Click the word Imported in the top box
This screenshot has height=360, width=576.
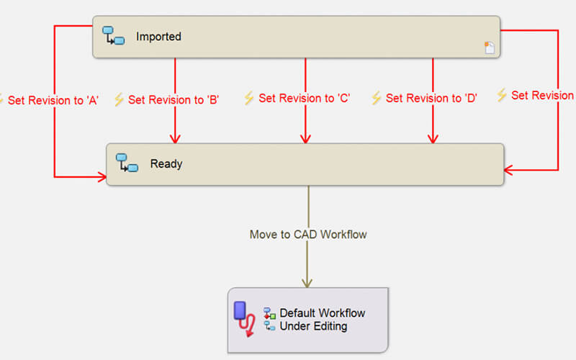pos(158,36)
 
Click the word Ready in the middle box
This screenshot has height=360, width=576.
pos(166,163)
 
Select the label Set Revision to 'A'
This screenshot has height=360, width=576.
pos(53,100)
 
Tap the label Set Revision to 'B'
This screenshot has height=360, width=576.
pos(173,100)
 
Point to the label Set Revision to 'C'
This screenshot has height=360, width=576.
pos(304,98)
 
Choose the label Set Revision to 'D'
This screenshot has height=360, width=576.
pos(431,98)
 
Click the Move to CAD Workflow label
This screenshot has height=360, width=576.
pos(308,234)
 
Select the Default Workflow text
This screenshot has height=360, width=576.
pos(322,313)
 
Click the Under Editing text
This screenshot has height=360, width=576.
pos(313,326)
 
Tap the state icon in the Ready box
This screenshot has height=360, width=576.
pos(127,163)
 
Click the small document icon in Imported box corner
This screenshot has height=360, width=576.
pos(490,48)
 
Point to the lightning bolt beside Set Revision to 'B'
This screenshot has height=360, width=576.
pos(119,99)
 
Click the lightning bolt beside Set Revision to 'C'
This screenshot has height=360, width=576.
pos(249,98)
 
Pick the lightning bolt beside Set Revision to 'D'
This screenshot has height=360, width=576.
pos(376,98)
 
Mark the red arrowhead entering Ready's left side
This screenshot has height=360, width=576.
pos(102,176)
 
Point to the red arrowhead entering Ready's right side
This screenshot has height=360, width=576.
pos(509,170)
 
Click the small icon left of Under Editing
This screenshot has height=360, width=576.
pos(270,326)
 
